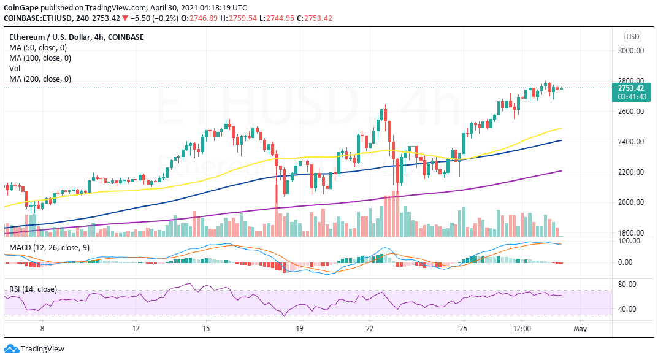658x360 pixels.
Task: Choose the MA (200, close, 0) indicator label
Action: pos(40,79)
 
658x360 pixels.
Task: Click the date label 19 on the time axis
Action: pos(299,329)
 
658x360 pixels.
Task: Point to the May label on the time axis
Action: pos(580,329)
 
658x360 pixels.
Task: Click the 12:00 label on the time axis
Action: pos(522,329)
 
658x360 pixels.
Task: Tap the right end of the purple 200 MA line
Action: pos(562,171)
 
